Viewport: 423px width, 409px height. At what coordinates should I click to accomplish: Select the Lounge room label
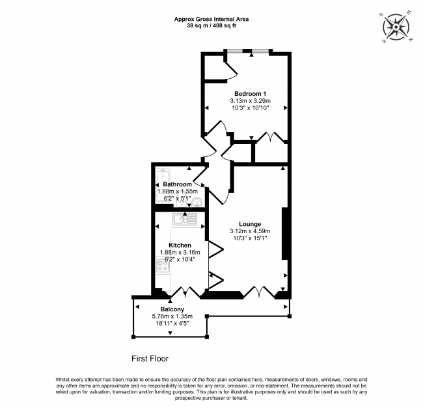coord(250,223)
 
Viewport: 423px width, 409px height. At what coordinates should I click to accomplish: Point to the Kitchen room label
coord(180,245)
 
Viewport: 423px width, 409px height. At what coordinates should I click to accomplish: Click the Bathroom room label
coord(177,184)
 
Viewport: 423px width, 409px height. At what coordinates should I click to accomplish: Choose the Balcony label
coord(172,309)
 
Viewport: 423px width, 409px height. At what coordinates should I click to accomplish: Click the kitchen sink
coord(184,219)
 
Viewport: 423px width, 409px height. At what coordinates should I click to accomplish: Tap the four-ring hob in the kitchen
coord(163,265)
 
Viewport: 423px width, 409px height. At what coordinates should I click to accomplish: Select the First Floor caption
coord(150,358)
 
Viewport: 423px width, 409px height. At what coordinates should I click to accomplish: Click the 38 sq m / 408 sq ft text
coord(211,26)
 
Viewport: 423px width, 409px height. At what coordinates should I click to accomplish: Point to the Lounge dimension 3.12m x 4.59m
coord(250,231)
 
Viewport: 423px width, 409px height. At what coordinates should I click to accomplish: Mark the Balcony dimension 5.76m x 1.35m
coord(172,317)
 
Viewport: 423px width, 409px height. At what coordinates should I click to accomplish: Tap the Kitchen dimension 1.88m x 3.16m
coord(180,252)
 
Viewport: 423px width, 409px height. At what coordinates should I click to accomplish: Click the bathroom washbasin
coord(197,203)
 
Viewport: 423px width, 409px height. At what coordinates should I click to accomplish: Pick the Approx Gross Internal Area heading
coord(211,19)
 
